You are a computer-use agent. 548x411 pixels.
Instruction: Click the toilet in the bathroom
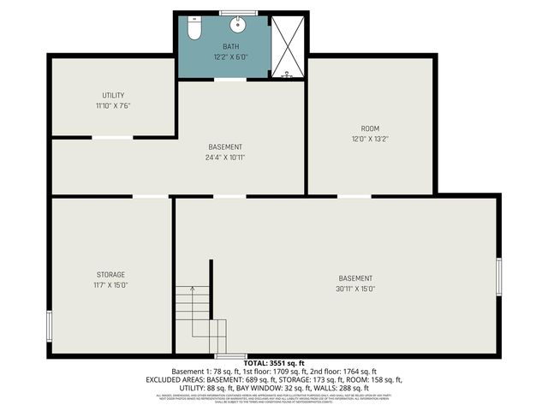(x=194, y=30)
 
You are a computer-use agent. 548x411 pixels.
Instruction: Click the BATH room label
(x=231, y=46)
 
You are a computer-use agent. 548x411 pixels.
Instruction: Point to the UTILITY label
(x=113, y=95)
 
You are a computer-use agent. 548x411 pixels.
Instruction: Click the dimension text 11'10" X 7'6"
(x=113, y=105)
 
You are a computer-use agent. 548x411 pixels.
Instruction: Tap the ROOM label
(x=370, y=128)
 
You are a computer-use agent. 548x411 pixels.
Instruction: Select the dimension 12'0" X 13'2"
(x=370, y=139)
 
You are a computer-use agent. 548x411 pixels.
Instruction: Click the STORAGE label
(x=110, y=274)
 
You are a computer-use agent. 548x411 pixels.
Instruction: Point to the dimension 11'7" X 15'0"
(x=110, y=285)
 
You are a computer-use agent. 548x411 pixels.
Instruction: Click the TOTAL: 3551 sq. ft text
(x=274, y=362)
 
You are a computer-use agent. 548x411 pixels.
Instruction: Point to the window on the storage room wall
(x=50, y=325)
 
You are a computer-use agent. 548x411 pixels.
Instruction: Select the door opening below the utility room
(x=112, y=137)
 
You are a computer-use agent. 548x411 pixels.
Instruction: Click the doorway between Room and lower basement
(x=354, y=196)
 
